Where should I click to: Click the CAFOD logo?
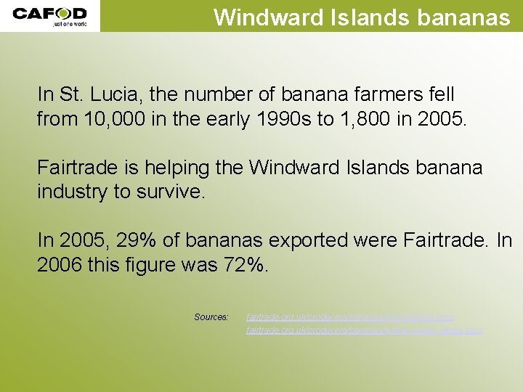(49, 13)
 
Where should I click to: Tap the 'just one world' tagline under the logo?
(69, 24)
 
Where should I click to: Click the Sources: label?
(211, 317)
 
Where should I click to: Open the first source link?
(350, 317)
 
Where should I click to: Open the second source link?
(365, 330)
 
